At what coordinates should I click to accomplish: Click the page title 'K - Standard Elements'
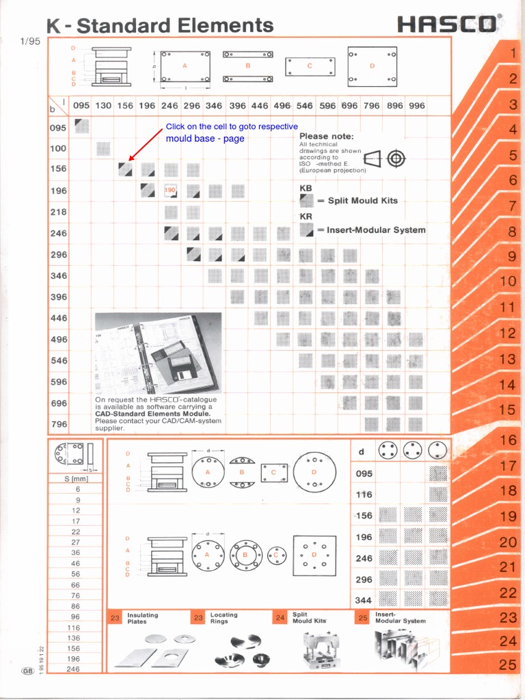click(x=160, y=26)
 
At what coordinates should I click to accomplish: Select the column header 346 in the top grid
click(x=214, y=106)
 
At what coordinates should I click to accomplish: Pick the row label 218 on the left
click(x=59, y=212)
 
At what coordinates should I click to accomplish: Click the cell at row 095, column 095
click(x=81, y=126)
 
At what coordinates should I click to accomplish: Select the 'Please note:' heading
click(x=326, y=136)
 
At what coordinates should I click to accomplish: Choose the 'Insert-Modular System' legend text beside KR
click(x=371, y=230)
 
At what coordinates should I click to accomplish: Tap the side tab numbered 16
click(x=508, y=440)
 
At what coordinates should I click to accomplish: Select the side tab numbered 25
click(x=508, y=664)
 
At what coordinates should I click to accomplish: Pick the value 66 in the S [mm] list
click(x=75, y=585)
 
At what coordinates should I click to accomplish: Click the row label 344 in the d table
click(x=364, y=600)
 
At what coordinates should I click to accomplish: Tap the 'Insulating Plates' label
click(x=142, y=618)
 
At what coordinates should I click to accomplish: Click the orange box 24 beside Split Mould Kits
click(x=280, y=618)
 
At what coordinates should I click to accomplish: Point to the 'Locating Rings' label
click(x=224, y=618)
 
